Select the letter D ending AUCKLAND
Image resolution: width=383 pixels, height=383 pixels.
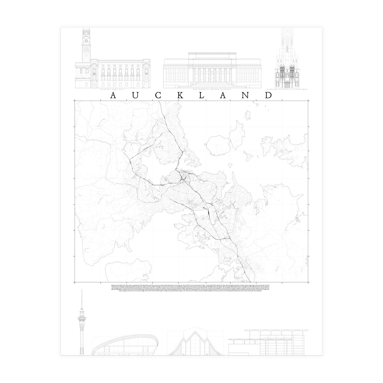click(x=268, y=96)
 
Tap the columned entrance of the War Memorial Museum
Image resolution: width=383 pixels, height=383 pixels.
click(x=205, y=75)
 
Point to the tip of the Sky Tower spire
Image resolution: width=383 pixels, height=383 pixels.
click(x=82, y=290)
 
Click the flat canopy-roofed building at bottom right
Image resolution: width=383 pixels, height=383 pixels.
click(x=268, y=345)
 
